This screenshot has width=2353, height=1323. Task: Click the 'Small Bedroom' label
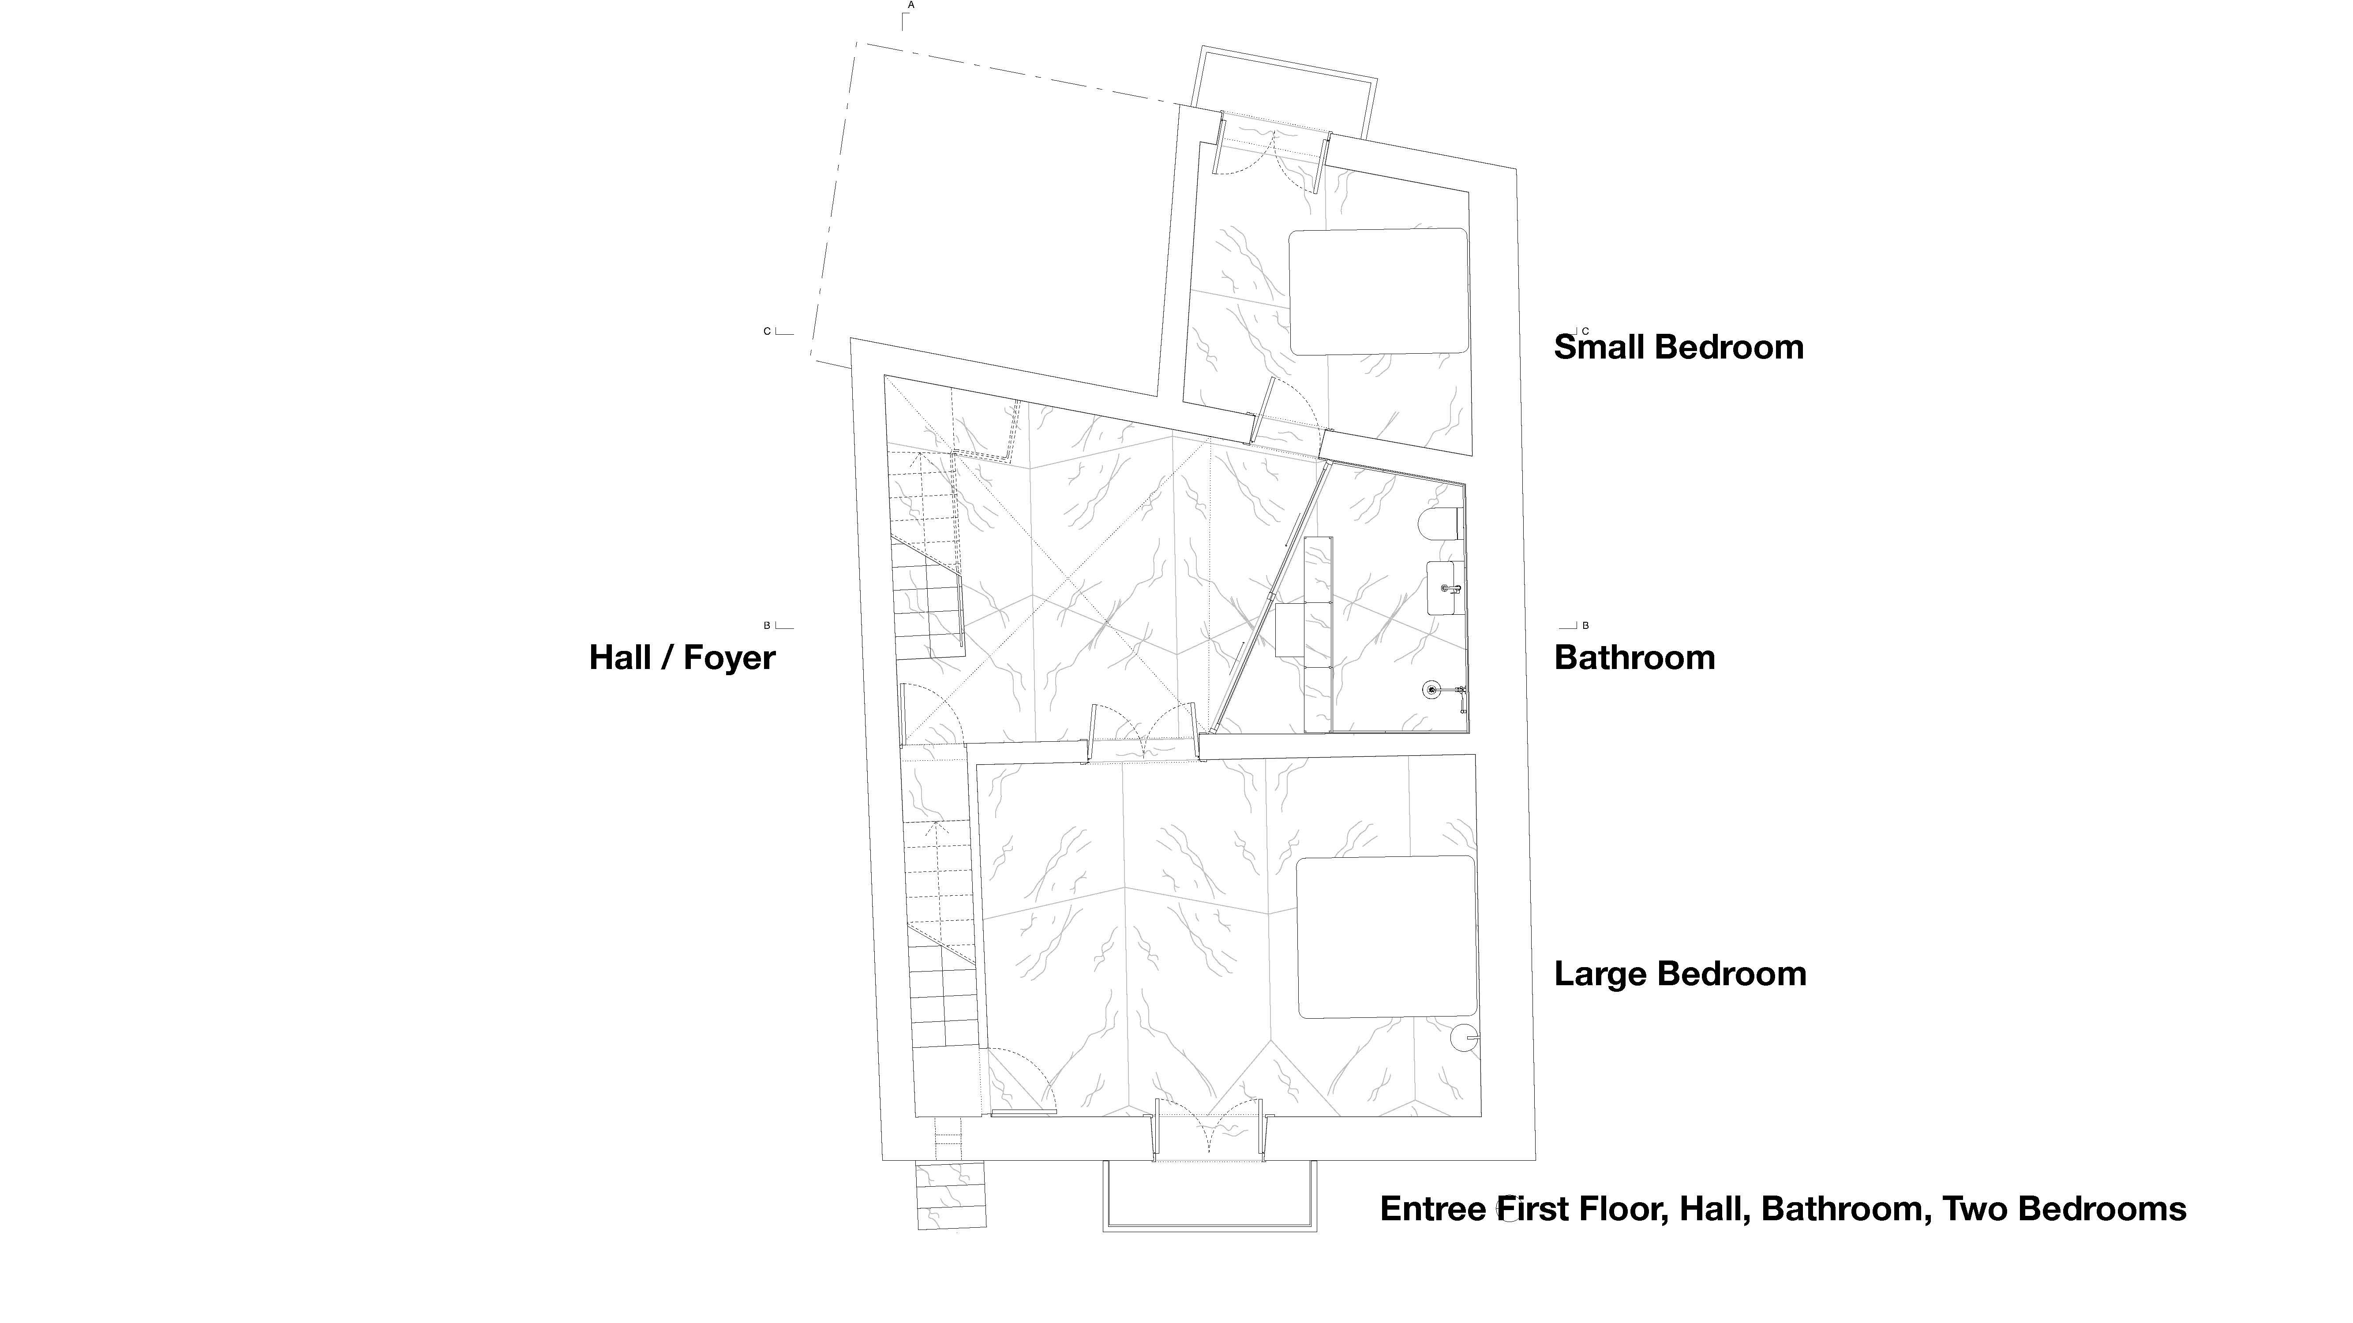(x=1679, y=348)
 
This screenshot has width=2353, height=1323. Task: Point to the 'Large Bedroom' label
(x=1681, y=974)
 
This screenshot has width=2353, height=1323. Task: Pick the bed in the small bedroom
(x=1379, y=291)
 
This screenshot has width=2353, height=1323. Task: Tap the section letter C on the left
(x=767, y=332)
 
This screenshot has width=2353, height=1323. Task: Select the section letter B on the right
(x=1586, y=625)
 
